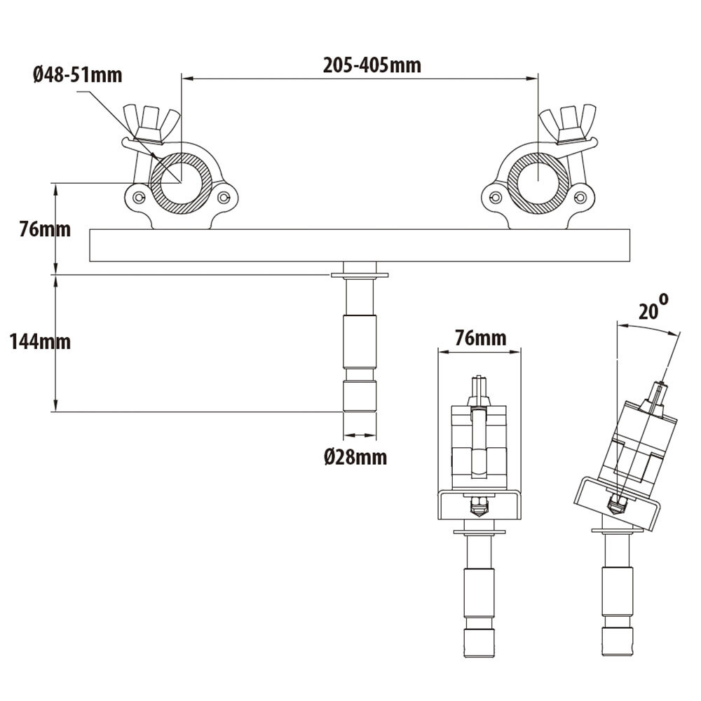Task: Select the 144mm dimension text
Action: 40,341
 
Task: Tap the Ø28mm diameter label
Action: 355,458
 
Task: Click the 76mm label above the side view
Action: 479,338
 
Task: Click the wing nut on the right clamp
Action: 569,122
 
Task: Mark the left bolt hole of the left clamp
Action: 138,198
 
